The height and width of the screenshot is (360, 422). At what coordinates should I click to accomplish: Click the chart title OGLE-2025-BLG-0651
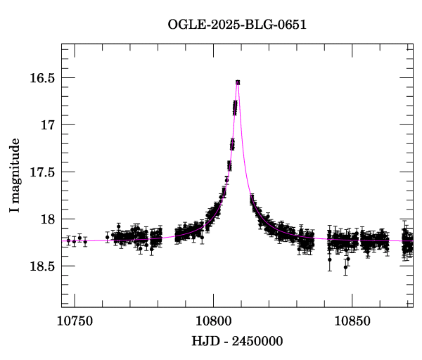pyautogui.click(x=237, y=24)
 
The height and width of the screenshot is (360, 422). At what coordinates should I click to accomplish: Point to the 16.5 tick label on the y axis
pyautogui.click(x=41, y=78)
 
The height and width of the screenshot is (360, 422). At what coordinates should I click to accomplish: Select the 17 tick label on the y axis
pyautogui.click(x=47, y=125)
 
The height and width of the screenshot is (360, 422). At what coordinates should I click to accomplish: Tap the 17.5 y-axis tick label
pyautogui.click(x=41, y=172)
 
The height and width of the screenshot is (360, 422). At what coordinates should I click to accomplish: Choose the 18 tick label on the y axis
pyautogui.click(x=47, y=219)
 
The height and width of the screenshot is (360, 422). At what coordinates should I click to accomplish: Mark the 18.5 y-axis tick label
pyautogui.click(x=41, y=266)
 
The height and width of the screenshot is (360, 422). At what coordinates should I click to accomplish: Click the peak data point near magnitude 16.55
pyautogui.click(x=238, y=82)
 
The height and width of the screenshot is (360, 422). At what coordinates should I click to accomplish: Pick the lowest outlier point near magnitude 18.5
pyautogui.click(x=345, y=267)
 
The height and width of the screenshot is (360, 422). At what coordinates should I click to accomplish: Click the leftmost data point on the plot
pyautogui.click(x=68, y=240)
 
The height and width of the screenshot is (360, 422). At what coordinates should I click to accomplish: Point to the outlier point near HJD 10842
pyautogui.click(x=329, y=260)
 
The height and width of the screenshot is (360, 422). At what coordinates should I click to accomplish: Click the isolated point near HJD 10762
pyautogui.click(x=108, y=238)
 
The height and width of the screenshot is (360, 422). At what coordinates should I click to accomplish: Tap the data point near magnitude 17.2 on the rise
pyautogui.click(x=232, y=144)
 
